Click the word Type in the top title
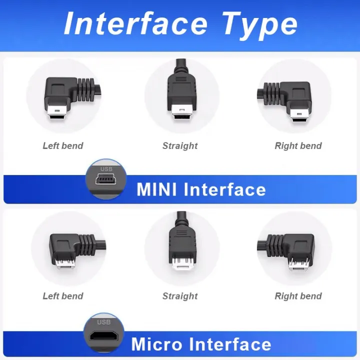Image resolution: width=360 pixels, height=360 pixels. coord(259,24)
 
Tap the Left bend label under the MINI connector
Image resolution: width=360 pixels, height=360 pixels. coord(62,146)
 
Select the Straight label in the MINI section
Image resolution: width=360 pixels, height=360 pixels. coord(180,146)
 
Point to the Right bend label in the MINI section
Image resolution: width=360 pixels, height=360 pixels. coord(298,146)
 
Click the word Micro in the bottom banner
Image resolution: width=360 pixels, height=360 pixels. coord(156,344)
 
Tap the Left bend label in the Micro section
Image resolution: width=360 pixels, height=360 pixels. coord(62,296)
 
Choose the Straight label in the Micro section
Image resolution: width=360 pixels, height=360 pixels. coord(180,296)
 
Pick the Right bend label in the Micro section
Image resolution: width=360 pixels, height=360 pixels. coord(298,296)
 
